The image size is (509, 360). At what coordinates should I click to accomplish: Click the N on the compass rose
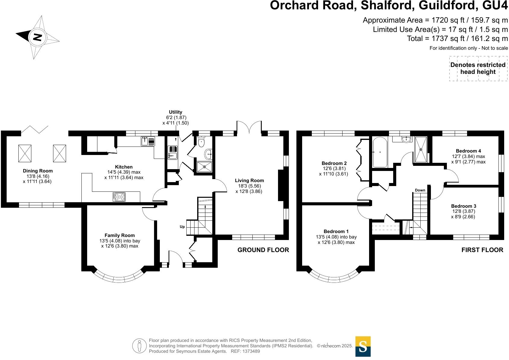[x=37, y=37]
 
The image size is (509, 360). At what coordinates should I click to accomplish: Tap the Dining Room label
[x=38, y=171]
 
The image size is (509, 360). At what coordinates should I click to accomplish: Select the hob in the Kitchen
[x=119, y=197]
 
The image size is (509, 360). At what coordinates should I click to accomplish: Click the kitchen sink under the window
[x=148, y=141]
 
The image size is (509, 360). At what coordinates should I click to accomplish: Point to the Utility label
[x=175, y=112]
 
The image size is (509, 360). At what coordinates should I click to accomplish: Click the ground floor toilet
[x=201, y=142]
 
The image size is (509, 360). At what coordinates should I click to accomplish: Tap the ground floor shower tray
[x=204, y=166]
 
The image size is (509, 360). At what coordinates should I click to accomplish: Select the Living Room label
[x=249, y=181]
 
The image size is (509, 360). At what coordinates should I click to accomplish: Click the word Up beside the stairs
[x=182, y=227]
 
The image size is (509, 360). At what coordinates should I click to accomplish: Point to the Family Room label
[x=120, y=235]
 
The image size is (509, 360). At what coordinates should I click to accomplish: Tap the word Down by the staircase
[x=420, y=190]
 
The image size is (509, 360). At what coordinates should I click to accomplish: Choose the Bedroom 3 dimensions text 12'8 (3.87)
[x=463, y=211]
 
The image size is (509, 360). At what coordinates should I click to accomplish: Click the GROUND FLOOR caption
[x=263, y=250]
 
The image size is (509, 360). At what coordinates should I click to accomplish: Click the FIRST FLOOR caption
[x=482, y=250]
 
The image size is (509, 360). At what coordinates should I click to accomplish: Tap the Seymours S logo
[x=363, y=346]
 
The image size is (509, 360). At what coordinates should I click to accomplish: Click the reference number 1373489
[x=250, y=351]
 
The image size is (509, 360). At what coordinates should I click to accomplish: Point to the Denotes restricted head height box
[x=478, y=68]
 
